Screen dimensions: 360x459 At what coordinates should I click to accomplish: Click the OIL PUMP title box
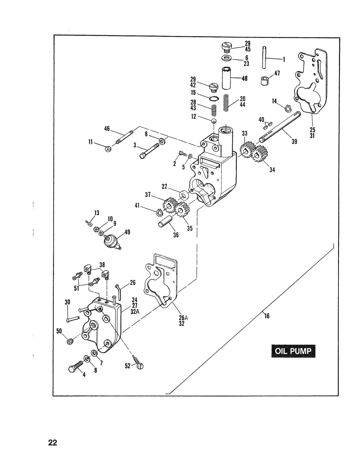coord(293,351)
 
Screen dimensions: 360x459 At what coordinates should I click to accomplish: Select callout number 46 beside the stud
coord(107,128)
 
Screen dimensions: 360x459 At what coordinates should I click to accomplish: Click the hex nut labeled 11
coord(108,149)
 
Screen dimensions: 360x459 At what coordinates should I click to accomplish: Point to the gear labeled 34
coord(260,154)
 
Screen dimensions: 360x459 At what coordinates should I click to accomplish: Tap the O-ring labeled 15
coord(214,98)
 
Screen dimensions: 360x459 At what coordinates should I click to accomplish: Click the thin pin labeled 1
coord(264,58)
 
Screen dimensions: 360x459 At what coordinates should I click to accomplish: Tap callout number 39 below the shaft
coord(294,142)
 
